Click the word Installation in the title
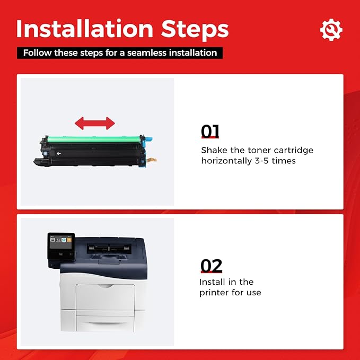coord(85,29)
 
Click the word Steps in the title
coord(195,30)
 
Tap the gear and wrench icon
coord(331,30)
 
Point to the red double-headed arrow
coord(95,124)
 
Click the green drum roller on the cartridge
coord(94,139)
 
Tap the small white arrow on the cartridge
coord(59,153)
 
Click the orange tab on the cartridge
coord(152,160)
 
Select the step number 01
coord(210,131)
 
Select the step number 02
coord(211,266)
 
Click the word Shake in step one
coord(214,150)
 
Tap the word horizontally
coord(226,161)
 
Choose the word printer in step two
coord(214,293)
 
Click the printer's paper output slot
coord(109,249)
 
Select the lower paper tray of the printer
coord(104,323)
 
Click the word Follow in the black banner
coord(37,53)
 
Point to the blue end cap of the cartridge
coord(146,139)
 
